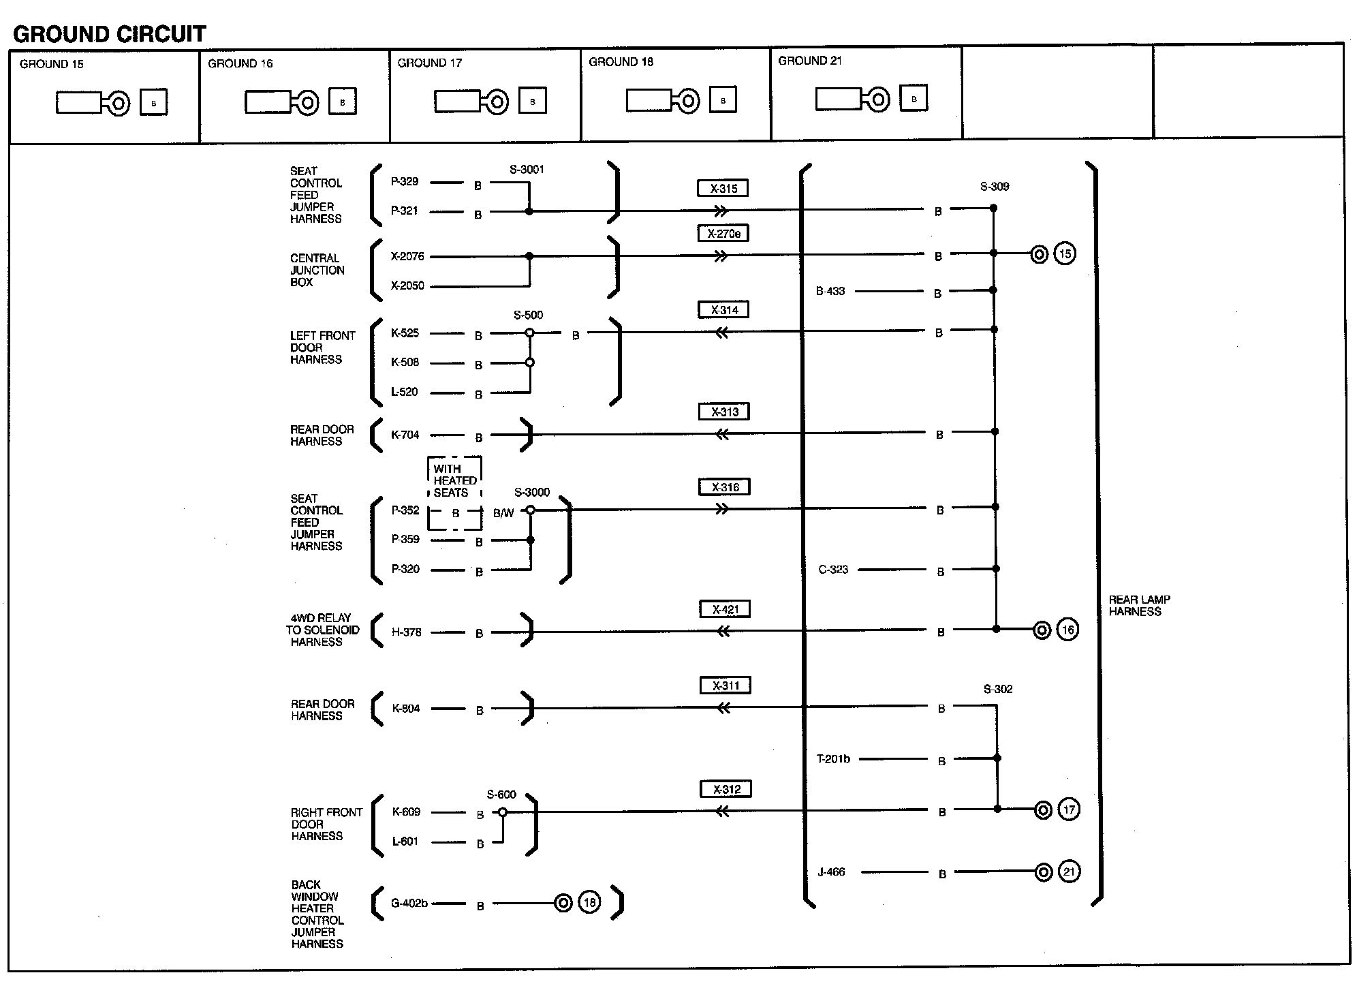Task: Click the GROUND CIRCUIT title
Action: (109, 33)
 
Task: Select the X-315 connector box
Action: (723, 188)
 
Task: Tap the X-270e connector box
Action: (723, 233)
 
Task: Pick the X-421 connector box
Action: (725, 609)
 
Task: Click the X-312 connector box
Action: (726, 789)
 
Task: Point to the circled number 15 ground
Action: (1065, 254)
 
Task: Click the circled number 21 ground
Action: (1069, 871)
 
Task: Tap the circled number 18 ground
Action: (590, 902)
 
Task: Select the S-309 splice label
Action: (995, 187)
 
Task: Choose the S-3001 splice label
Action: (527, 170)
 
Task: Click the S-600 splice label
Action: (501, 794)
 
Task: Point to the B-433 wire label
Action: (830, 291)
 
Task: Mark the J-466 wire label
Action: (831, 871)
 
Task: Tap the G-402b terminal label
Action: (409, 903)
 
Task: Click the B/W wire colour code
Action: (503, 513)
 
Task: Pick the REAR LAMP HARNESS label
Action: (1140, 606)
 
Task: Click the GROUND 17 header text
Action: (430, 63)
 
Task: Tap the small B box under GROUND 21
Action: (914, 98)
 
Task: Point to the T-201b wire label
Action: (833, 758)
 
